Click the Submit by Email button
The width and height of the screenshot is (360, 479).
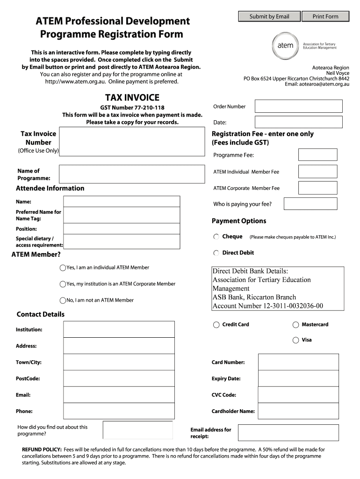[269, 17]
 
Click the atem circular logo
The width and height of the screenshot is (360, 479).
[285, 46]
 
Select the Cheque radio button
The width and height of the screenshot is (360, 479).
[216, 237]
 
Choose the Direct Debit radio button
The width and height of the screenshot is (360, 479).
[216, 253]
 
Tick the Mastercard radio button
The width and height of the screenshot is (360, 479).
[295, 325]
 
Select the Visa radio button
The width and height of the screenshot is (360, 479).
[295, 340]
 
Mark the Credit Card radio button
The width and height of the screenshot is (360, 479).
[216, 325]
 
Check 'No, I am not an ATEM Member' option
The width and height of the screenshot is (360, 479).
[63, 300]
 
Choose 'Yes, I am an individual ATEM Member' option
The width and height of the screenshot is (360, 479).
[63, 268]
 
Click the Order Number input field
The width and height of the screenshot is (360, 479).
[298, 107]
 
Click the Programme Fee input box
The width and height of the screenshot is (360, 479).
[317, 155]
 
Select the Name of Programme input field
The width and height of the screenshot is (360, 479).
[131, 174]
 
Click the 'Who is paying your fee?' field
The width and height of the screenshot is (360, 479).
[310, 204]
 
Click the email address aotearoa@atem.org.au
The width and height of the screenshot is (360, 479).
[324, 84]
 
